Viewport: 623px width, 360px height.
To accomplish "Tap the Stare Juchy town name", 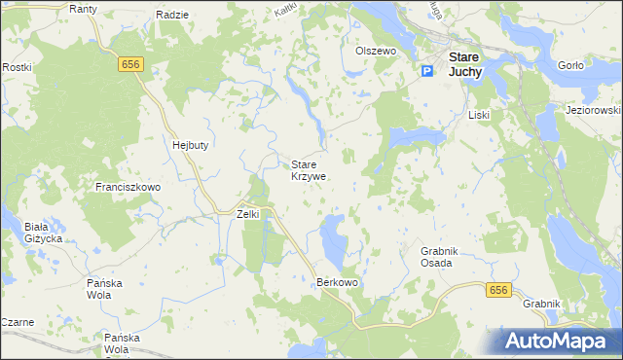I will pyautogui.click(x=465, y=63).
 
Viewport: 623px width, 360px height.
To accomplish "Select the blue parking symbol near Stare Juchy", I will pyautogui.click(x=427, y=71).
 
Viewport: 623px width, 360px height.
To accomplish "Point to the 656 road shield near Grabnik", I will pyautogui.click(x=498, y=290).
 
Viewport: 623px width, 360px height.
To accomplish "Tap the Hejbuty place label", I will pyautogui.click(x=191, y=144).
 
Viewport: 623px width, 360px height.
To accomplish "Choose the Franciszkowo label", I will pyautogui.click(x=128, y=186).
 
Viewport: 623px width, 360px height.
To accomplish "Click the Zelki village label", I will pyautogui.click(x=248, y=214).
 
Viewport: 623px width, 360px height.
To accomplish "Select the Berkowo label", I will pyautogui.click(x=338, y=282).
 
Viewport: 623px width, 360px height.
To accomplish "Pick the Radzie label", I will pyautogui.click(x=171, y=16).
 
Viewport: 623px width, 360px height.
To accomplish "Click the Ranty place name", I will pyautogui.click(x=84, y=9).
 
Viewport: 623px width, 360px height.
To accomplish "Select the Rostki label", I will pyautogui.click(x=18, y=67).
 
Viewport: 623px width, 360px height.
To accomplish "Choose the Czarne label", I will pyautogui.click(x=18, y=321).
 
